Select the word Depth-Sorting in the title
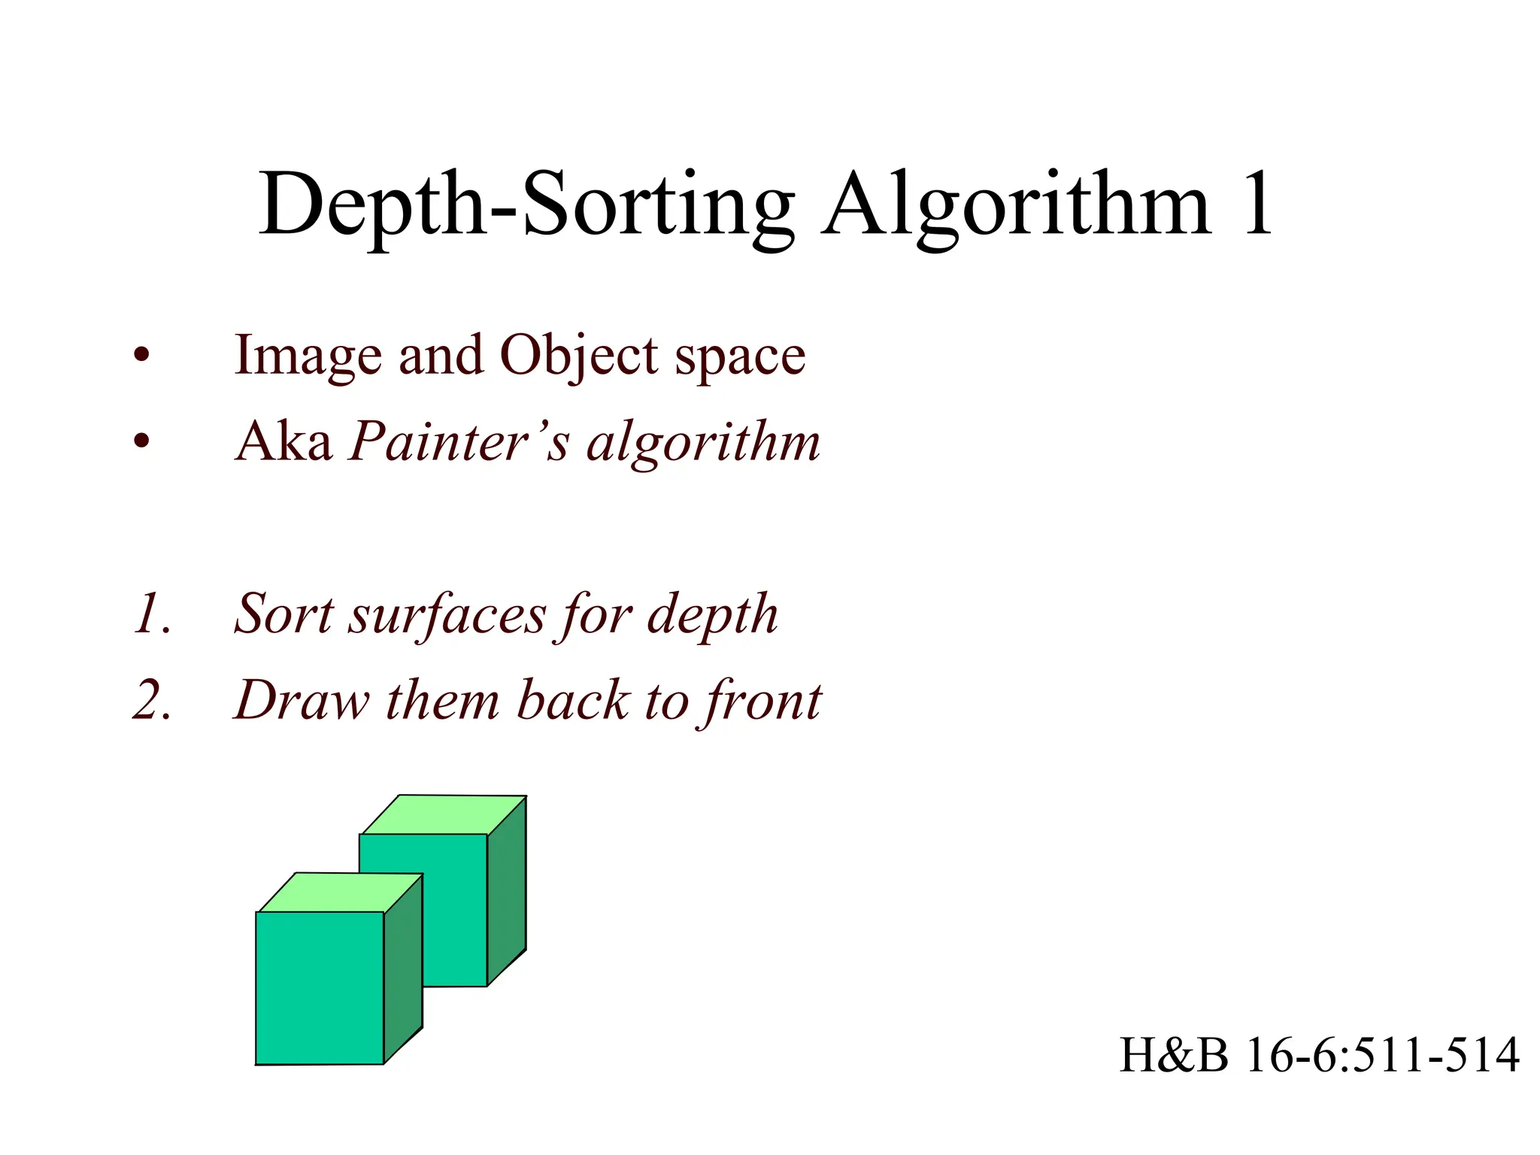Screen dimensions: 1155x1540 pyautogui.click(x=526, y=205)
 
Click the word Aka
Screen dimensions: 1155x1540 pyautogui.click(x=284, y=441)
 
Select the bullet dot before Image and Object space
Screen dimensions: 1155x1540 pyautogui.click(x=141, y=356)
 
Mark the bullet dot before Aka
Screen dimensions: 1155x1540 pyautogui.click(x=141, y=442)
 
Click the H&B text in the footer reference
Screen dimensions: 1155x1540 pyautogui.click(x=1173, y=1054)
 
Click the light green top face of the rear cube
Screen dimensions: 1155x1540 pyautogui.click(x=444, y=814)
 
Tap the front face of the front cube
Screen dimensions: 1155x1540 pyautogui.click(x=320, y=988)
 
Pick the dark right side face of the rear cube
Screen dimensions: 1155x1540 pyautogui.click(x=507, y=891)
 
